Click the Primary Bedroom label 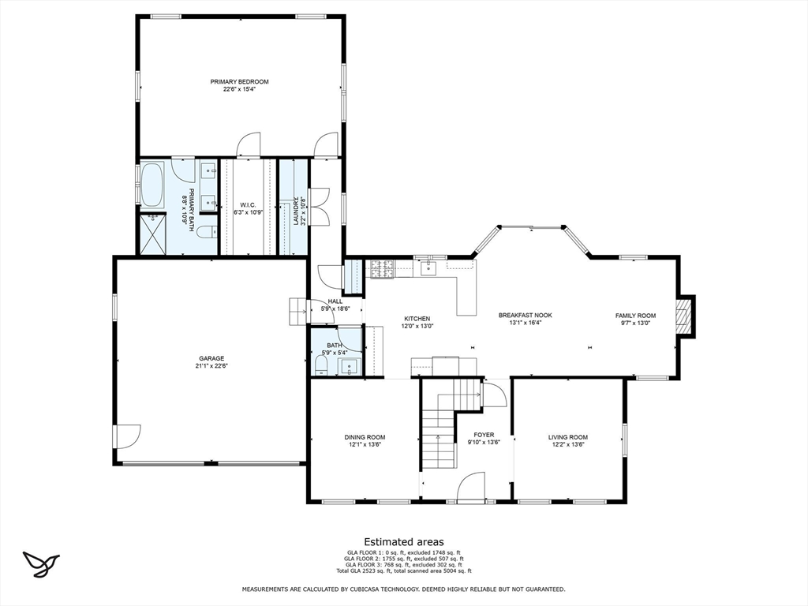(x=239, y=81)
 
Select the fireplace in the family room (x=685, y=316)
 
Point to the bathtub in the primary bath (x=151, y=184)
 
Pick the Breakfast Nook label (x=525, y=315)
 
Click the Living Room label (x=568, y=436)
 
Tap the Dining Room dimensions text (x=364, y=445)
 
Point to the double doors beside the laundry (x=320, y=207)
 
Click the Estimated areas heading (x=403, y=541)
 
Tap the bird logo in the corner (x=42, y=563)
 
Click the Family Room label (x=635, y=316)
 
